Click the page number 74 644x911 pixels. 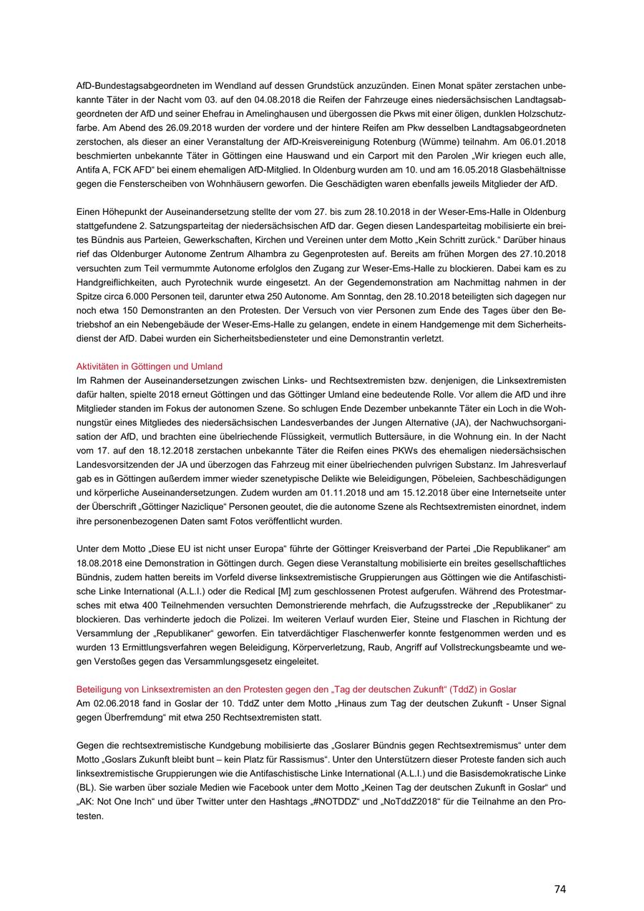(560, 889)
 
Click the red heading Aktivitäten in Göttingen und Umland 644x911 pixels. (149, 366)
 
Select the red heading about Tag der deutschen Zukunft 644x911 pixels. (296, 689)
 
